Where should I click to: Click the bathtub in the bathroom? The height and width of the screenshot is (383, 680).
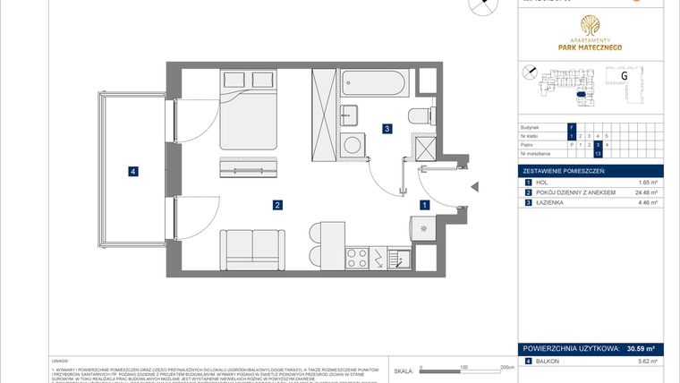point(374,86)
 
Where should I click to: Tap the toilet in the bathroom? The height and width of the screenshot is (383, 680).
point(420,115)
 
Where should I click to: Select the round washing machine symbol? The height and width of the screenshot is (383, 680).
point(355,143)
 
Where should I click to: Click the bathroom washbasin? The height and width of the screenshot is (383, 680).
point(351,115)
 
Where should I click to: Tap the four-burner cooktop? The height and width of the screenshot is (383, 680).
point(358,259)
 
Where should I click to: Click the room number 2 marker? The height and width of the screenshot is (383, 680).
point(278,205)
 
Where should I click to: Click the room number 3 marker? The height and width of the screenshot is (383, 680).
point(386,129)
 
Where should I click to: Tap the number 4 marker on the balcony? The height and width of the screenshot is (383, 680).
point(132,171)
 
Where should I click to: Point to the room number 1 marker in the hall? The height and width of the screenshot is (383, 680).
point(424,205)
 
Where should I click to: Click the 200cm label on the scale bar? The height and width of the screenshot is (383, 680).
point(506,367)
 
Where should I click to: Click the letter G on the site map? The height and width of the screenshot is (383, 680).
point(622,76)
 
